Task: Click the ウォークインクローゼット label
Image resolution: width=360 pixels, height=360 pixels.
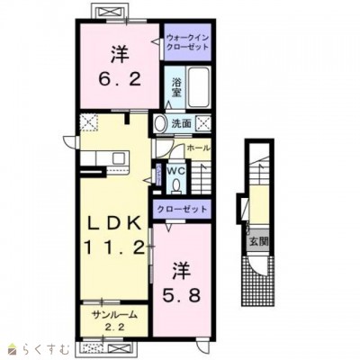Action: [x=187, y=42]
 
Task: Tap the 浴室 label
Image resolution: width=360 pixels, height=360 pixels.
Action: [x=176, y=87]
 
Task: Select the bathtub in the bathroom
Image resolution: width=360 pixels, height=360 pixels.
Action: [x=198, y=87]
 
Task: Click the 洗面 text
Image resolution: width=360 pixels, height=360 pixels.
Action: [x=182, y=123]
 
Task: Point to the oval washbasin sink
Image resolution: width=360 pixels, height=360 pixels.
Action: [x=160, y=123]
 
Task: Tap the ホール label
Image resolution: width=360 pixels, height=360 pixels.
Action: [x=198, y=148]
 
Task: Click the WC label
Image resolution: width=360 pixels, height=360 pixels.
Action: [x=175, y=171]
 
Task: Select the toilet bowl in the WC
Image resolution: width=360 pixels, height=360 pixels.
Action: [x=176, y=186]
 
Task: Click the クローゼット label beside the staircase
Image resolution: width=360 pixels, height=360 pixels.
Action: [x=182, y=209]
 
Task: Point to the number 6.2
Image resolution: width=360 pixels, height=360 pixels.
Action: [x=120, y=80]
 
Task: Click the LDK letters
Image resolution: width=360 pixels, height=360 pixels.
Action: [x=114, y=223]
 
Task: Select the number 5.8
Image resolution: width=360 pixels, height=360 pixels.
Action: [x=182, y=295]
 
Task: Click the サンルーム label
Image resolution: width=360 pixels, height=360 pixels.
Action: [x=115, y=315]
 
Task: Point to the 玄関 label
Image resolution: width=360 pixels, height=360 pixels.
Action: [x=258, y=241]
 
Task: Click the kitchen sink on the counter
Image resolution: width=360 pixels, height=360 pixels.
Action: [x=121, y=157]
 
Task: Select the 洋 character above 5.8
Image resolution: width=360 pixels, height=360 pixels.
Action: [x=182, y=270]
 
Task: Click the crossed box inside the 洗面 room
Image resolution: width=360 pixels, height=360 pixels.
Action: [x=203, y=123]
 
